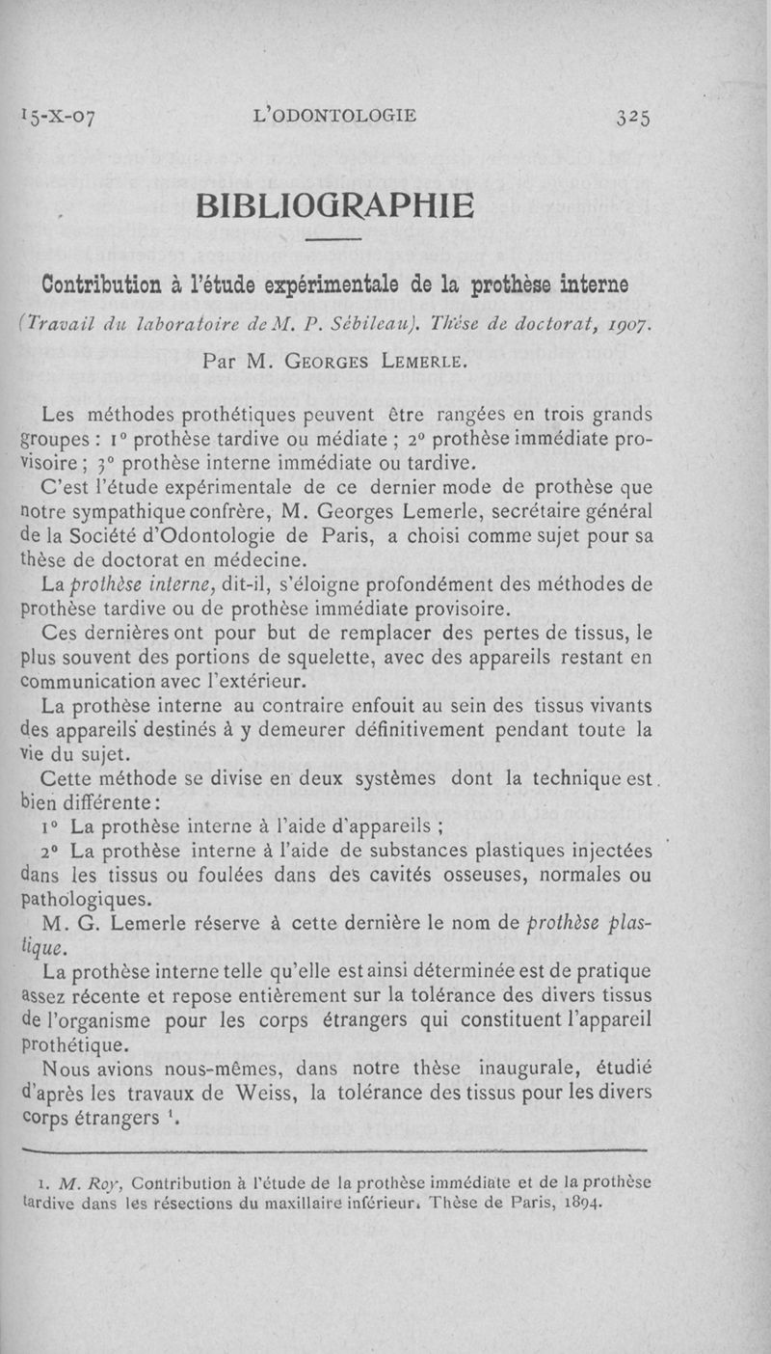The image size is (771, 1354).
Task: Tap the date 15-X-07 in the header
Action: click(x=59, y=119)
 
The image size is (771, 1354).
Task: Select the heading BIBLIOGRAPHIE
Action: click(x=335, y=205)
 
